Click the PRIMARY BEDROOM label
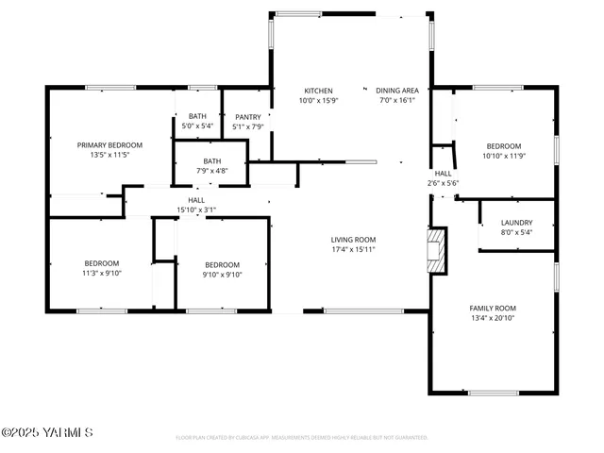[109, 144]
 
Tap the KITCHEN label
[317, 91]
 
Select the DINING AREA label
[397, 91]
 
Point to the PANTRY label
[248, 117]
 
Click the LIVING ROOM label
[353, 240]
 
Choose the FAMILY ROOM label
[493, 309]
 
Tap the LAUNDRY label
[516, 223]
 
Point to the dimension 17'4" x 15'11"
[353, 250]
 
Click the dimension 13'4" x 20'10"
[493, 319]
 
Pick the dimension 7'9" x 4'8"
[211, 171]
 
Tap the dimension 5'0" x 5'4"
[197, 126]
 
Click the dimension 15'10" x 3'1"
[196, 210]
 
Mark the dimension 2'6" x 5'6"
[444, 183]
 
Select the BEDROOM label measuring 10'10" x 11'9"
[503, 146]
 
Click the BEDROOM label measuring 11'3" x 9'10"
[101, 263]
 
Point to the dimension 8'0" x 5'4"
[516, 232]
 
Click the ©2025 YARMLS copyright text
[46, 433]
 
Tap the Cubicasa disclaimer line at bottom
[302, 438]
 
